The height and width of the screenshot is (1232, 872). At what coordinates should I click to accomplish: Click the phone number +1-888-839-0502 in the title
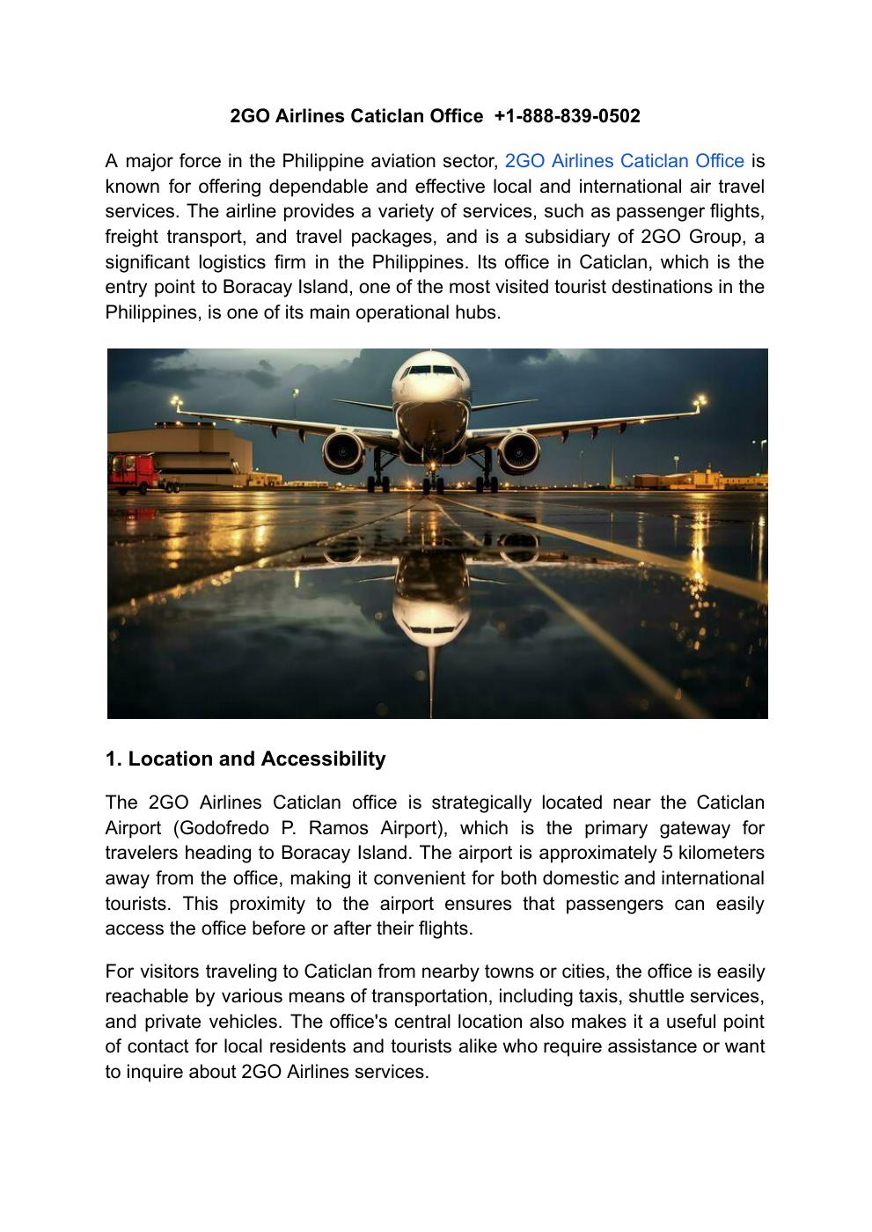pos(568,116)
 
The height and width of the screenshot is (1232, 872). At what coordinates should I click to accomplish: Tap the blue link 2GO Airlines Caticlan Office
pos(625,161)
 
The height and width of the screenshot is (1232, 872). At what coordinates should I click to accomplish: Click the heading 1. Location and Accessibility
pos(245,759)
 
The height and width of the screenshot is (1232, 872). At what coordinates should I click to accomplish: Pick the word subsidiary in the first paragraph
pos(576,237)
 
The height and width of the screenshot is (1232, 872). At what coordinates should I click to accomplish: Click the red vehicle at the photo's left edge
pos(133,472)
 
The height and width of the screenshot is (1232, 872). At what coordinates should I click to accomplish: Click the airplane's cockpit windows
pos(431,370)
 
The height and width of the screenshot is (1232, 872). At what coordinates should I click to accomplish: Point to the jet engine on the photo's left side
pos(343,451)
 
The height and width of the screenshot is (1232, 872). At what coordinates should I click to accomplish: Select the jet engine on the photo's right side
pos(519,451)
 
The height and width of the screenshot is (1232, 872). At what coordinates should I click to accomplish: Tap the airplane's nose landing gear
pos(431,480)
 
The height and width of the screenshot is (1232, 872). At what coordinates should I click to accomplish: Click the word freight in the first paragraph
pos(131,237)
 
